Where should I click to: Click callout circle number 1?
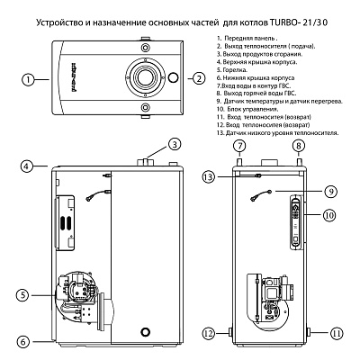[x=30, y=79]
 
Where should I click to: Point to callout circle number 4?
[x=30, y=166]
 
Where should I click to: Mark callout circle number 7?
[x=239, y=146]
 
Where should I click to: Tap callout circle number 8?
[x=298, y=146]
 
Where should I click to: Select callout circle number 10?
[x=331, y=215]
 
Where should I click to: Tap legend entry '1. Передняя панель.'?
[x=251, y=40]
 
